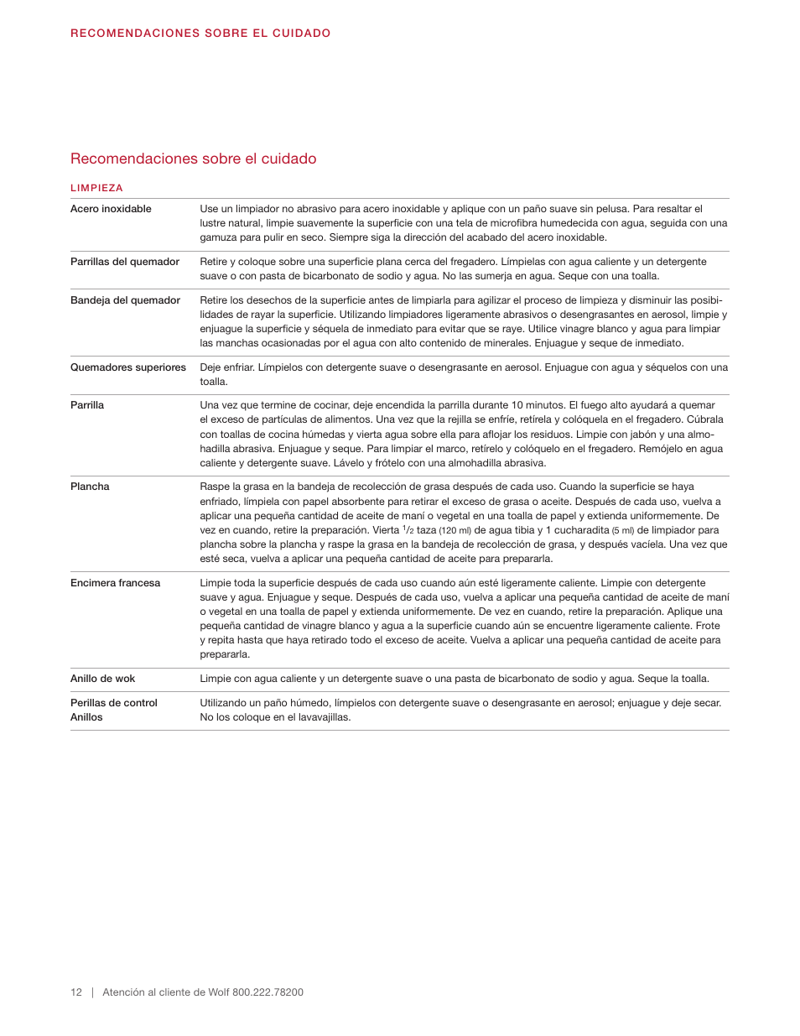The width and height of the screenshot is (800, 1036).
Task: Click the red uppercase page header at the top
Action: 200,34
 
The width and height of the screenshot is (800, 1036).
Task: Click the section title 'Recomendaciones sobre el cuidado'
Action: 193,159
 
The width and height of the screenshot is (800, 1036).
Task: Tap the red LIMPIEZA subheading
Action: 96,188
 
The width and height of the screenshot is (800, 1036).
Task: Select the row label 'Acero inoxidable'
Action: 111,209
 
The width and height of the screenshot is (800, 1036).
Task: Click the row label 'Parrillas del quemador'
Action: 124,262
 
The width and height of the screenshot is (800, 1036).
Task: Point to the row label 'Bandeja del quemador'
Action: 125,300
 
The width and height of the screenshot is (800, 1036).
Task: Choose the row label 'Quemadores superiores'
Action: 127,367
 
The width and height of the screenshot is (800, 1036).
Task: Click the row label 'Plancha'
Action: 90,487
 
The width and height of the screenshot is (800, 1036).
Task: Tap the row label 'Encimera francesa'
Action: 115,583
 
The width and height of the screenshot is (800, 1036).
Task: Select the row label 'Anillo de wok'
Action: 102,679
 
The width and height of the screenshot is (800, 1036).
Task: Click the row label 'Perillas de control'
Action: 113,703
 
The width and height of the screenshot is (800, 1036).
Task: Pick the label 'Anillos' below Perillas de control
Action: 86,717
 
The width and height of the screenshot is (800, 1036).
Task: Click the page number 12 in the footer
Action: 76,992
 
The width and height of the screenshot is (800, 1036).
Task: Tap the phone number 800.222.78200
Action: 268,992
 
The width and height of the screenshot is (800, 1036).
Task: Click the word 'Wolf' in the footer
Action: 218,992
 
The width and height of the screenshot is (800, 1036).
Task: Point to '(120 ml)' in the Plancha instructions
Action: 455,530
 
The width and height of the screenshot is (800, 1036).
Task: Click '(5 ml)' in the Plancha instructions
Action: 622,530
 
